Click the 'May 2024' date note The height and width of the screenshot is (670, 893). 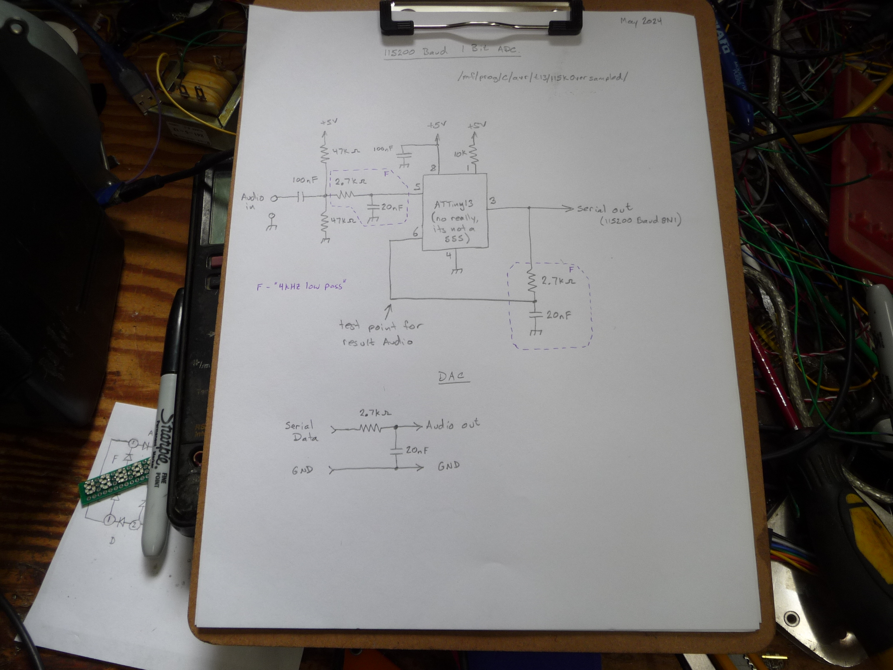(x=641, y=21)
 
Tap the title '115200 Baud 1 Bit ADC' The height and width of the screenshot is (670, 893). (x=452, y=51)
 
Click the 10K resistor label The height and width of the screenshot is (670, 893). (x=460, y=154)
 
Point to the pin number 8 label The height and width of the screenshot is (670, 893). (x=433, y=168)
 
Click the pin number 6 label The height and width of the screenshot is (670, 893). (x=415, y=233)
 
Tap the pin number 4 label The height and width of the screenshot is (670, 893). (x=449, y=256)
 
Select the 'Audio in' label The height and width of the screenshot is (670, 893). (x=252, y=202)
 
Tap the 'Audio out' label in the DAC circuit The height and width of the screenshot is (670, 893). (x=453, y=424)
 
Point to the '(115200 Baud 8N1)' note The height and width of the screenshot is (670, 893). (x=641, y=221)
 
